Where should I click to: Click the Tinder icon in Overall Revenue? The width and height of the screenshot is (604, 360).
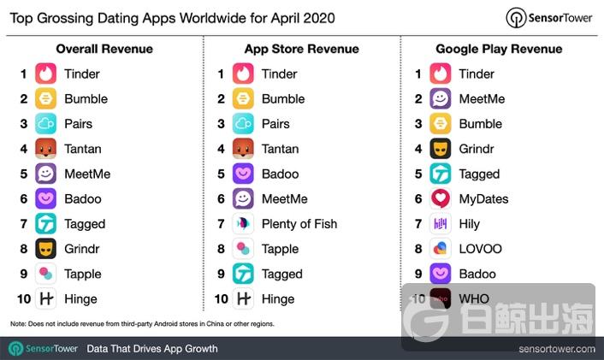pos(46,74)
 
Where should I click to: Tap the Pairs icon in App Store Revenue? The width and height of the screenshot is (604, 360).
pos(243,123)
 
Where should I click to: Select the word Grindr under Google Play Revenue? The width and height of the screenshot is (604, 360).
pos(477,149)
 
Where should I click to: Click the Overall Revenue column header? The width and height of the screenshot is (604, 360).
pos(104,49)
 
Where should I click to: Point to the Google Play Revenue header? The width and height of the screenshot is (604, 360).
pos(499,49)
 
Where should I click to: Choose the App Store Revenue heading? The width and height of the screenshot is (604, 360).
pos(302,49)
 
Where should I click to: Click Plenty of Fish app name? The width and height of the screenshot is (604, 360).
pos(299,224)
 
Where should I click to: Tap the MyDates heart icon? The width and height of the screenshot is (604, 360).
pos(441,198)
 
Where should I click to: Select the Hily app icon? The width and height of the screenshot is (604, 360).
pos(441,224)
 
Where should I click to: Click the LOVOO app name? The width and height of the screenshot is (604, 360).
pos(480,249)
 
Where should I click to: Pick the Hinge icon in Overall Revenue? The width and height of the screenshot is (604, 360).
pos(46,298)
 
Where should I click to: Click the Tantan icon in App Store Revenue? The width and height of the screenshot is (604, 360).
pos(243,149)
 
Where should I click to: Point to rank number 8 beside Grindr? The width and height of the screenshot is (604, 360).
pos(24,249)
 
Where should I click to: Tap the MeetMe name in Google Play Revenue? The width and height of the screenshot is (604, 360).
pos(482,98)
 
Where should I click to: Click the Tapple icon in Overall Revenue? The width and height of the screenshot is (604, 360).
pos(46,274)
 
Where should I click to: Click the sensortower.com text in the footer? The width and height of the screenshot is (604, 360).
pos(556,349)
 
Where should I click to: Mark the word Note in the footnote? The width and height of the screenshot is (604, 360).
pos(18,324)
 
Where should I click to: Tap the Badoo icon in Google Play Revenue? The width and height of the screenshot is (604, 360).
pos(441,274)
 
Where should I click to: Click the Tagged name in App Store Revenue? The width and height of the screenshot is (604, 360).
pos(281,274)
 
